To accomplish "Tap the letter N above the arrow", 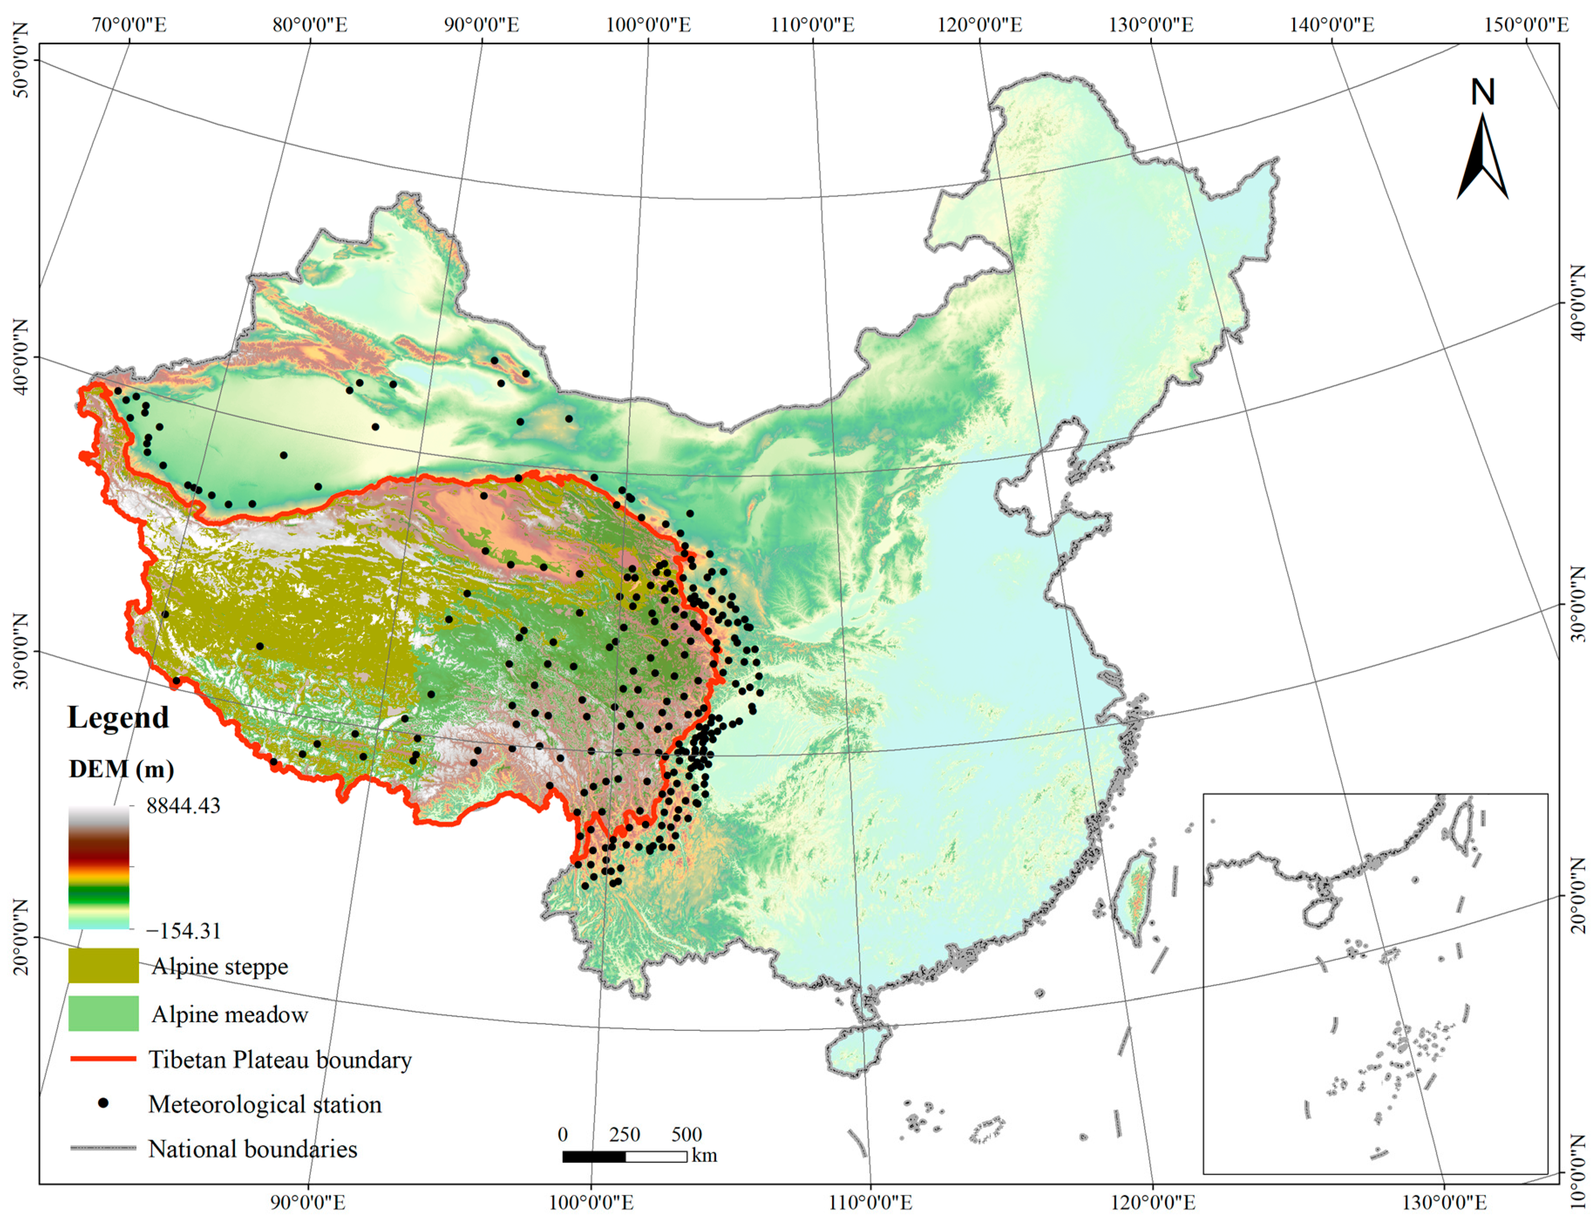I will tap(1482, 92).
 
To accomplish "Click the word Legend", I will tap(118, 717).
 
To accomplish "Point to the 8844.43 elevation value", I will tap(183, 806).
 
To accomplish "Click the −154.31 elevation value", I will tap(183, 930).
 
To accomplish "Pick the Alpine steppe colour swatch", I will tap(103, 966).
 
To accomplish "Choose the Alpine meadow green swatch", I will tap(103, 1013).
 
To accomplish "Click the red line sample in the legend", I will tap(103, 1059).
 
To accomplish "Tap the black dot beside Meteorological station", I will tap(103, 1103).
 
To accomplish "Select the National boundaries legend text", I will tap(253, 1149).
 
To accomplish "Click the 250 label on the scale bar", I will tap(624, 1134).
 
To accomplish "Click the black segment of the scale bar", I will tap(594, 1156).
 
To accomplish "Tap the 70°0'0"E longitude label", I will tap(129, 25).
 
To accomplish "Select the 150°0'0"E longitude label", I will tap(1526, 25).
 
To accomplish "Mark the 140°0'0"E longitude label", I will tap(1331, 25).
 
